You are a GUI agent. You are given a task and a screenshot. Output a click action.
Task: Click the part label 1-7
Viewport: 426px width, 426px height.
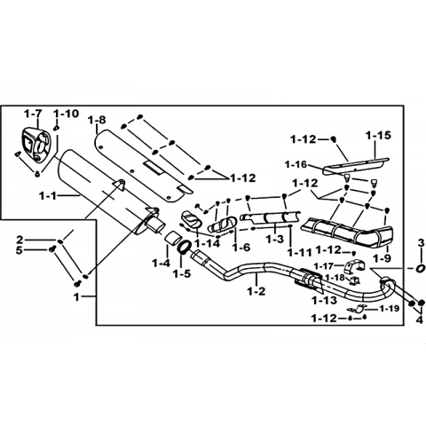click(x=33, y=114)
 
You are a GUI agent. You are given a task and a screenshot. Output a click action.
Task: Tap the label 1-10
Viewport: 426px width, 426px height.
click(x=67, y=114)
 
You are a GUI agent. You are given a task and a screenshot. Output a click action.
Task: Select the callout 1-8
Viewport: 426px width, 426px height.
click(x=97, y=120)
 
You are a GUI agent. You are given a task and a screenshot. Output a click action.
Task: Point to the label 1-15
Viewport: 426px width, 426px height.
click(x=378, y=136)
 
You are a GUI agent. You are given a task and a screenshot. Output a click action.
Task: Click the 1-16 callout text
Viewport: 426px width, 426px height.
click(x=296, y=164)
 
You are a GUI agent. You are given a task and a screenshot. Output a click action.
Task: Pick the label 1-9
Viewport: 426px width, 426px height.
click(x=382, y=258)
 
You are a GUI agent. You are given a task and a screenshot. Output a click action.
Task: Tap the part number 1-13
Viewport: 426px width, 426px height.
click(x=324, y=300)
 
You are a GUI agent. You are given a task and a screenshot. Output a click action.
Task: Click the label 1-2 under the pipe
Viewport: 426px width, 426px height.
click(x=256, y=291)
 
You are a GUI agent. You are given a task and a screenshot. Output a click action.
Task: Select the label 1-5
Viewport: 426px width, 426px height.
click(x=182, y=273)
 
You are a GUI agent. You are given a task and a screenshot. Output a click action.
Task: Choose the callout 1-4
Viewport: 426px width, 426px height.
click(x=162, y=263)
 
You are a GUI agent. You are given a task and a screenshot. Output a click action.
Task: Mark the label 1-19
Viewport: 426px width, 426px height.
click(x=390, y=309)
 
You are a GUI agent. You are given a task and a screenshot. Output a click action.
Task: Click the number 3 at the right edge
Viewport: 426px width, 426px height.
click(x=422, y=243)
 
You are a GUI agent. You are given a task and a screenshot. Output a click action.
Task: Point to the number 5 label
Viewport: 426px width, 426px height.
click(x=19, y=250)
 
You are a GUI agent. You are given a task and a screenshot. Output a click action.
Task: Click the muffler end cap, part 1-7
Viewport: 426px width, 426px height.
click(x=36, y=144)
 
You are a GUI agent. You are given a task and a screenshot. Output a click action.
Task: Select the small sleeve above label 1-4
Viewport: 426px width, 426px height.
click(x=172, y=239)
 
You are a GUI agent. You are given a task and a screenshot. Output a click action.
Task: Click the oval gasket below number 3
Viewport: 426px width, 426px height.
click(x=420, y=269)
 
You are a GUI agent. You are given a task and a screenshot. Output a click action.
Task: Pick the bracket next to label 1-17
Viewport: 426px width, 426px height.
click(x=354, y=266)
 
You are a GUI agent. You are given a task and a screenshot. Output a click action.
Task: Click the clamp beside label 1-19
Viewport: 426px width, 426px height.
click(x=356, y=309)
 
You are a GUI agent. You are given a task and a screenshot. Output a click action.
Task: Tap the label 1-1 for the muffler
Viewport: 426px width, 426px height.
click(x=48, y=196)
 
